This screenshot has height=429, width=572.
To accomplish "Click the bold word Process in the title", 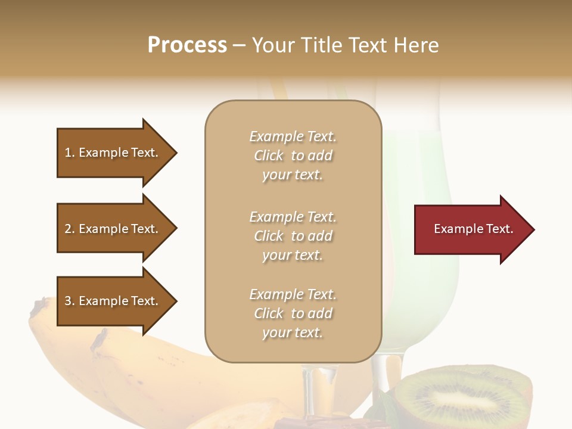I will [187, 45].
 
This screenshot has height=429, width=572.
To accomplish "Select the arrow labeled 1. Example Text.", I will [113, 153].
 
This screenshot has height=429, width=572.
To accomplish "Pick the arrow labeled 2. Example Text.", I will [113, 229].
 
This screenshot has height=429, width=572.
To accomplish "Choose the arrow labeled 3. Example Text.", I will [113, 301].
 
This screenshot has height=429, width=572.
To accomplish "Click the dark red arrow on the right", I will [471, 229].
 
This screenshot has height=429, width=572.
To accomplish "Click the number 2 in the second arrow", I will [68, 229].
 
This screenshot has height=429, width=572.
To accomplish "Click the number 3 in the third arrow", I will [68, 301].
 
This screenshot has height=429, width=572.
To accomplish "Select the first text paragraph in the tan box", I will [293, 156].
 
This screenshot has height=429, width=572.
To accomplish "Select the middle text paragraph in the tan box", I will [293, 236].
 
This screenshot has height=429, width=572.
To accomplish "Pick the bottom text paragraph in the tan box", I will [293, 313].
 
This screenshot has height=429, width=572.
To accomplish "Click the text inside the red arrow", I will [473, 229].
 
